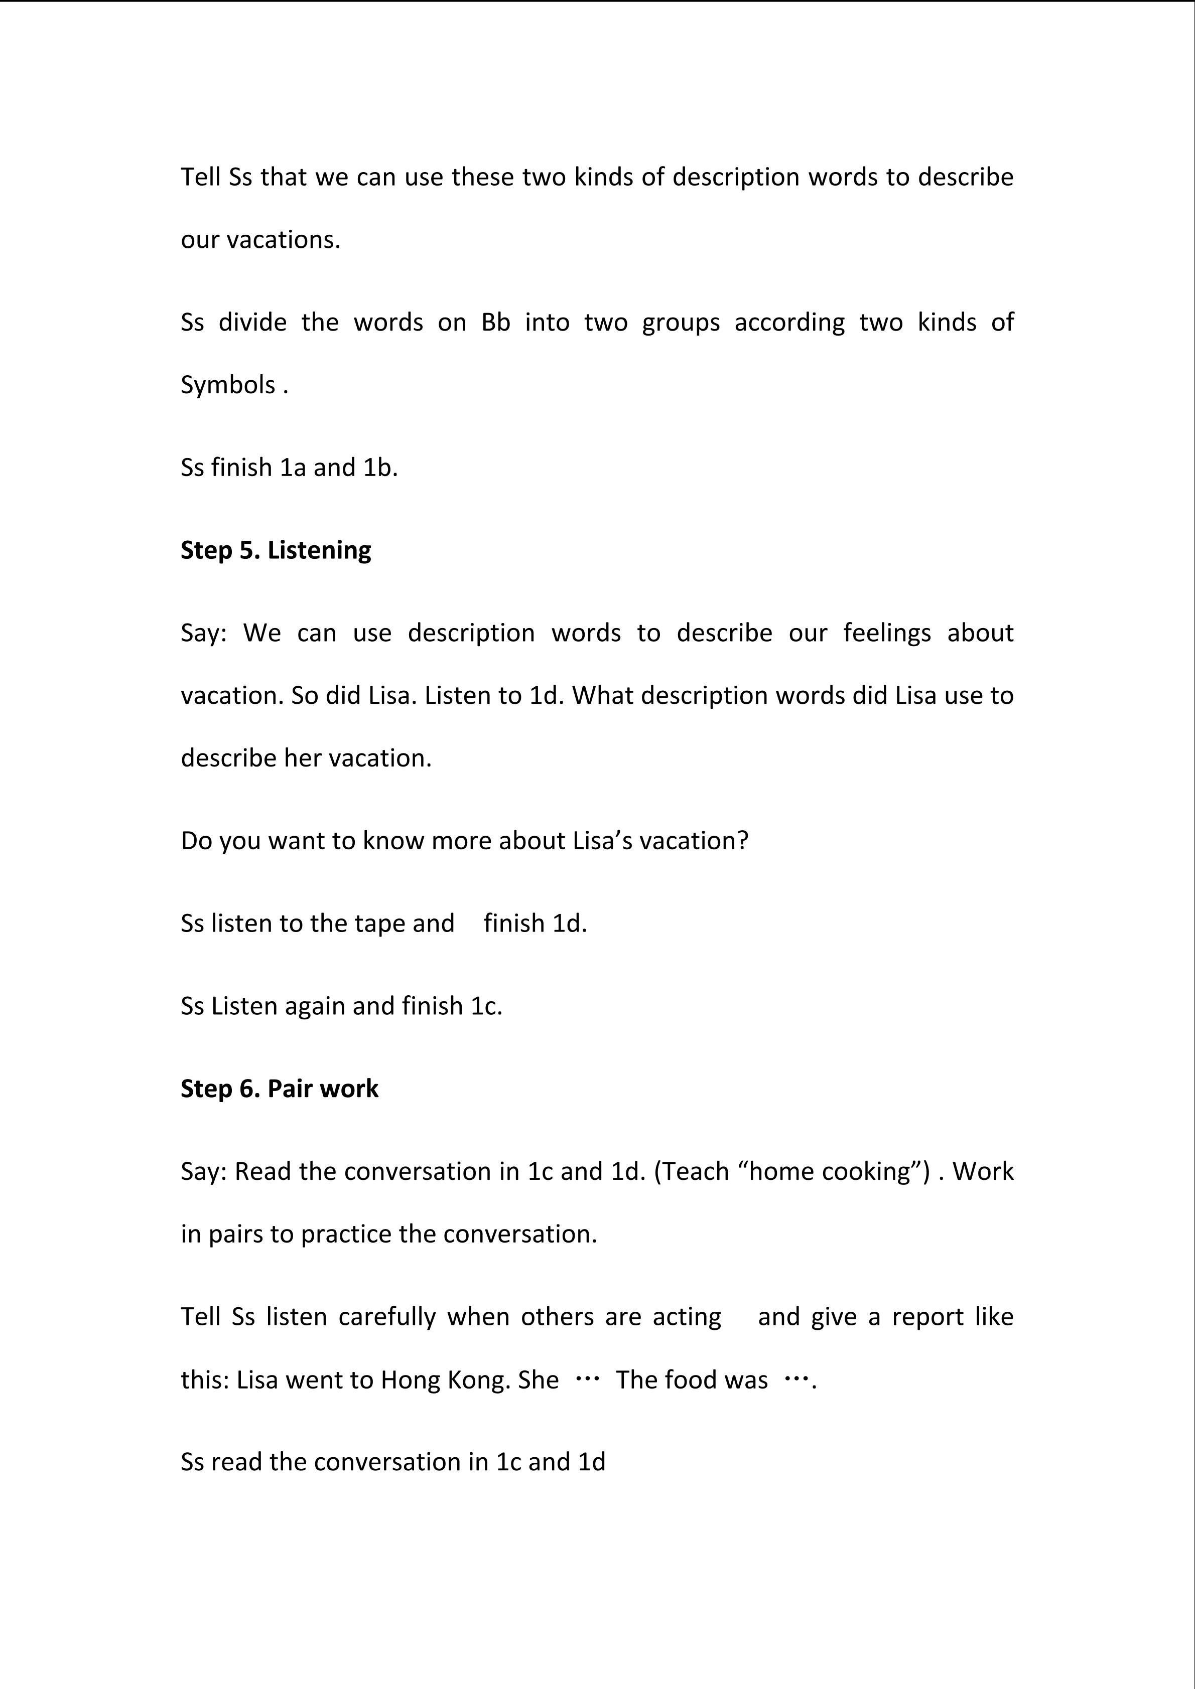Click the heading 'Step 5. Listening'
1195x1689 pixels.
(x=276, y=550)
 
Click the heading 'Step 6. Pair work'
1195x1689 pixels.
(x=280, y=1089)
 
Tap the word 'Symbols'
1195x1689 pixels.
(x=228, y=385)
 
